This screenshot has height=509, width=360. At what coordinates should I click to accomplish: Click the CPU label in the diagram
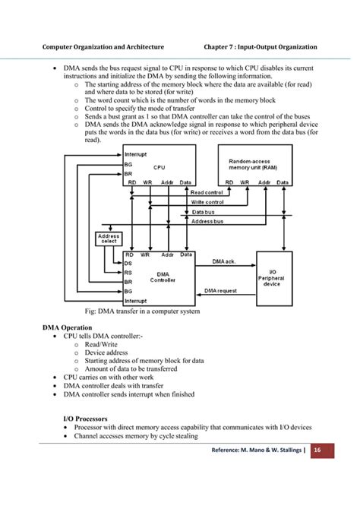click(159, 167)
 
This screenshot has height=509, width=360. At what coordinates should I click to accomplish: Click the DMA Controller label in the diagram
click(163, 277)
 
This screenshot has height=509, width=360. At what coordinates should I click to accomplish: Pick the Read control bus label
click(207, 192)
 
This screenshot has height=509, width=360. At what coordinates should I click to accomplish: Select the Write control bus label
click(207, 202)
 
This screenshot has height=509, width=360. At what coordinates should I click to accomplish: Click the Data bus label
click(203, 212)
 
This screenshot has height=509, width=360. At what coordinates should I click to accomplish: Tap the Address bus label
click(207, 222)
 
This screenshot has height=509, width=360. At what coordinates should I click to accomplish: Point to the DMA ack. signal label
click(224, 261)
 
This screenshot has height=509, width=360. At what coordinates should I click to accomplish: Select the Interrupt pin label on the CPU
click(136, 154)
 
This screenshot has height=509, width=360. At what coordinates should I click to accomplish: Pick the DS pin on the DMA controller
click(128, 264)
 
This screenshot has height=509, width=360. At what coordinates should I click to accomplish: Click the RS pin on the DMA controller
click(128, 273)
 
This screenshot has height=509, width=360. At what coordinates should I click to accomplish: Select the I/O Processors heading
click(85, 418)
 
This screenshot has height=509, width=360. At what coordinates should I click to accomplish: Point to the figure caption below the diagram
click(142, 311)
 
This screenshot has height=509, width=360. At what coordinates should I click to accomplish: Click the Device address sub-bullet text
click(106, 353)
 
